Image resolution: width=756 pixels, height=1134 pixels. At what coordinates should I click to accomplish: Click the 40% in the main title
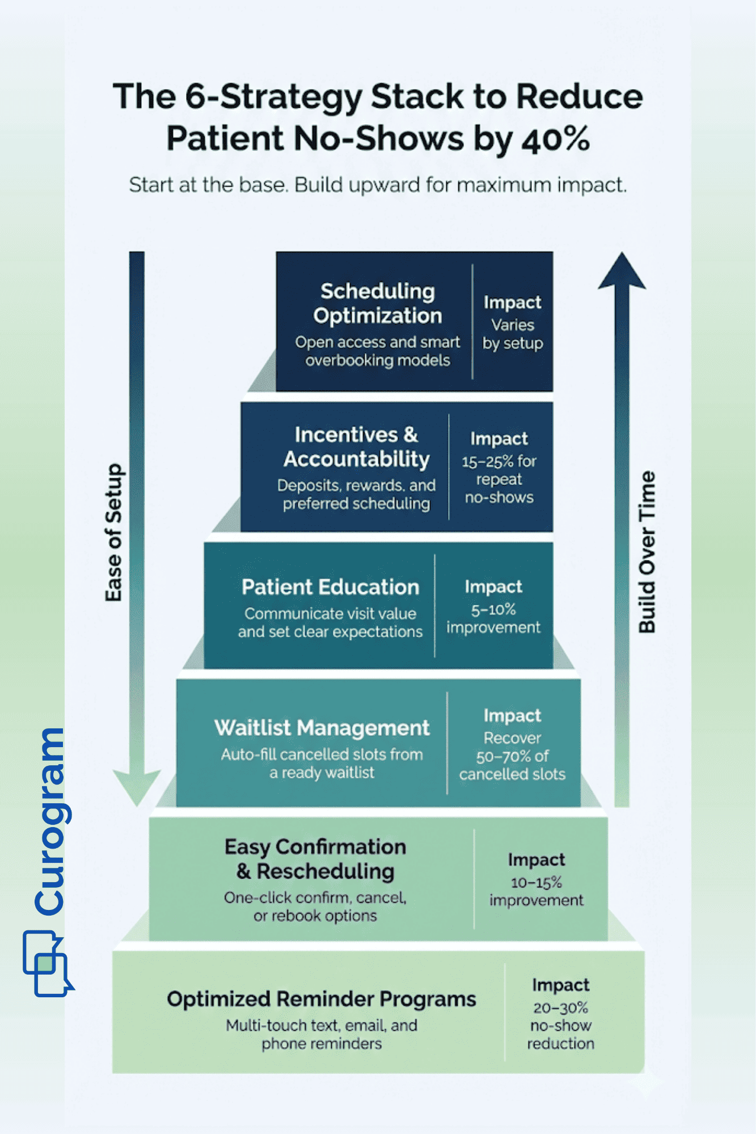click(x=555, y=140)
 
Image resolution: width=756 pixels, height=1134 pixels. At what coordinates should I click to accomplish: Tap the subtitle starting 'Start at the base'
click(x=378, y=186)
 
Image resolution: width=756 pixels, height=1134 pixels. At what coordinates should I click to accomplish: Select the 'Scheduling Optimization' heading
click(x=377, y=303)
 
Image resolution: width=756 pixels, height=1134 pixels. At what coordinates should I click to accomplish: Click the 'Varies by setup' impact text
click(x=513, y=334)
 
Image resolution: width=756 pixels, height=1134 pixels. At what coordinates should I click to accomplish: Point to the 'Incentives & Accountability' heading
click(x=356, y=446)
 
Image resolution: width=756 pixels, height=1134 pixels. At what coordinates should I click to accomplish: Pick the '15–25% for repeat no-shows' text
click(x=499, y=479)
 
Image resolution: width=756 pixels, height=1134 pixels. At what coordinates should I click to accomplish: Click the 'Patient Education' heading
click(x=330, y=587)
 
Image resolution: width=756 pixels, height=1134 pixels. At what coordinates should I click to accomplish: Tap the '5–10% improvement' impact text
click(x=493, y=618)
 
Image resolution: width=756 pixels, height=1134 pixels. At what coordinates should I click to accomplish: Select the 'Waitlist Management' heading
click(x=322, y=728)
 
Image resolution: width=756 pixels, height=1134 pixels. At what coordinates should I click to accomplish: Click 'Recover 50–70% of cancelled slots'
click(x=512, y=756)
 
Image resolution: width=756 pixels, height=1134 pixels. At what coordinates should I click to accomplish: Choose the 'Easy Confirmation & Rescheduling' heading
click(x=315, y=859)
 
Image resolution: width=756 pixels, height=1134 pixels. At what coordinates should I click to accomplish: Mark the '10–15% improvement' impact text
click(x=536, y=891)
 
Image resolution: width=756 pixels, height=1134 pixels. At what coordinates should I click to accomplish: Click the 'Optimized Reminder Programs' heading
click(x=321, y=999)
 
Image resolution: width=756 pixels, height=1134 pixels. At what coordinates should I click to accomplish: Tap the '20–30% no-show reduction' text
click(x=560, y=1026)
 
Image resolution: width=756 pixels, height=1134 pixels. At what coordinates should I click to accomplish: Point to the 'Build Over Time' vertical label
click(x=647, y=551)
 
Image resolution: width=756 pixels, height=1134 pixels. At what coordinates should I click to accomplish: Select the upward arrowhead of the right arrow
click(x=622, y=272)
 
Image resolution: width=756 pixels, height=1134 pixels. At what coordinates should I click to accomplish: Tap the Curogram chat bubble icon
click(x=47, y=964)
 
